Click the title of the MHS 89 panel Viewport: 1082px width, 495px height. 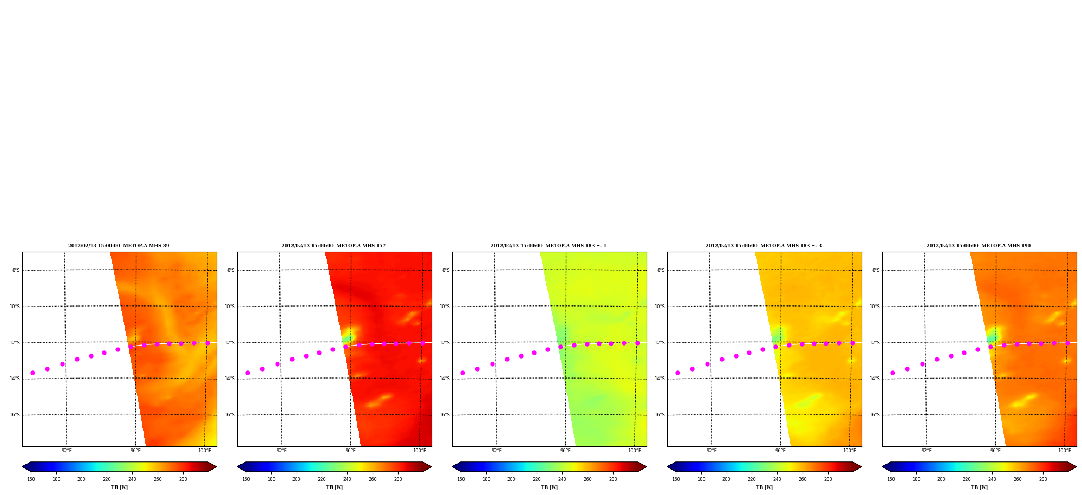(119, 246)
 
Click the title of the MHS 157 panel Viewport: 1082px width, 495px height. (334, 246)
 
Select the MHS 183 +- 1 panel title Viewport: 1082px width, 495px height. (549, 246)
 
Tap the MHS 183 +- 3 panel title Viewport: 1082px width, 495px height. (764, 246)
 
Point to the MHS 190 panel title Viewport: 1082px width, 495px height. (979, 246)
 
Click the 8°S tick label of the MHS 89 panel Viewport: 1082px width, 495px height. (16, 270)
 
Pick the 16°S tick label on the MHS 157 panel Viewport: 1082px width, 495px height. (230, 415)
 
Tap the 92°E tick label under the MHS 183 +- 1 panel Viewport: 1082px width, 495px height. (497, 451)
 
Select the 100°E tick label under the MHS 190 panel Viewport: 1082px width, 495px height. (1065, 451)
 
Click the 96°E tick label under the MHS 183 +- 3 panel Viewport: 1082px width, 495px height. (780, 451)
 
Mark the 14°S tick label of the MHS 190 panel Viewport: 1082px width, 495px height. (875, 379)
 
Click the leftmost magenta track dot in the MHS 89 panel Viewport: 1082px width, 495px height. (32, 373)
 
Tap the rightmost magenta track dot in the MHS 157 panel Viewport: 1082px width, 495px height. (422, 343)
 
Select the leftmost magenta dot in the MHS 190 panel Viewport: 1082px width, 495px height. (892, 373)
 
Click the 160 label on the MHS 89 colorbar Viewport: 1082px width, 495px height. (31, 479)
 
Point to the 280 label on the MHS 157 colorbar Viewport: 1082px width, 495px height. (398, 479)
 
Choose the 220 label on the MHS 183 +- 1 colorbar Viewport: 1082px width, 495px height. (537, 479)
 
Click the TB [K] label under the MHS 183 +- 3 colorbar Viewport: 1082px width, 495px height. (764, 487)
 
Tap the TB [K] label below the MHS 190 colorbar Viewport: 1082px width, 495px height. (979, 487)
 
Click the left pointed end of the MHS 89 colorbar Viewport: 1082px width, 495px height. (22, 467)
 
